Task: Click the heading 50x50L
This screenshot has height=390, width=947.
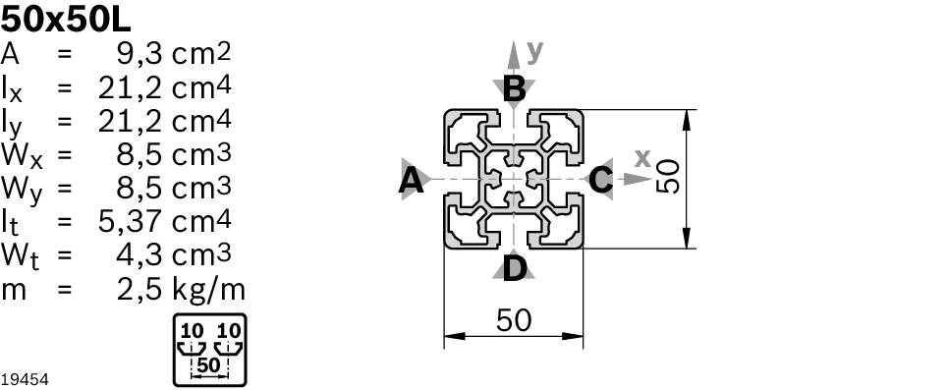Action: point(65,20)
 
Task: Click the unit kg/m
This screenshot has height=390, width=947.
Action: point(209,291)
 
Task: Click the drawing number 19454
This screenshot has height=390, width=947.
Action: point(25,380)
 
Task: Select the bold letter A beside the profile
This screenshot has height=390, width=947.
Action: point(412,180)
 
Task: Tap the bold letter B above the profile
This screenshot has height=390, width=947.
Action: point(514,89)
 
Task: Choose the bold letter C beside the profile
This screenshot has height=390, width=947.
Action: point(601,180)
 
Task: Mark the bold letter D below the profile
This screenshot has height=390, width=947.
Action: point(514,269)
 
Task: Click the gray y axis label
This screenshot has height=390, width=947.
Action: point(535,52)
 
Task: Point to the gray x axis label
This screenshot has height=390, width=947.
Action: point(642,158)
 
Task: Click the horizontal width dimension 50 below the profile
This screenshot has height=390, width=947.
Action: point(514,320)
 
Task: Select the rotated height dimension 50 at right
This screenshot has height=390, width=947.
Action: point(668,177)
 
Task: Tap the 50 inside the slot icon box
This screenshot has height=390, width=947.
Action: point(208,365)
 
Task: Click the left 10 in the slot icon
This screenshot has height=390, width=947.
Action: point(193,331)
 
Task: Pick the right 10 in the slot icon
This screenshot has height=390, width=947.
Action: point(229,331)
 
